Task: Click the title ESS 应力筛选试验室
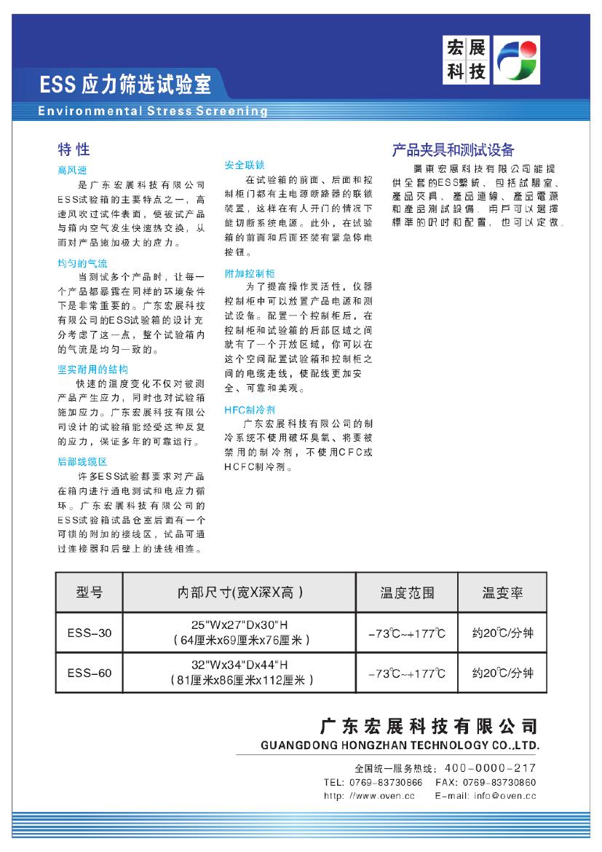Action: click(125, 86)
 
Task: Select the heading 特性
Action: click(74, 149)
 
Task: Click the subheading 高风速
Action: click(71, 171)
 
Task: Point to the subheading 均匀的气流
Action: click(82, 263)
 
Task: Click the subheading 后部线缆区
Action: click(82, 461)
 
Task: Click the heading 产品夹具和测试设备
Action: click(453, 150)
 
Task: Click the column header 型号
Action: click(90, 593)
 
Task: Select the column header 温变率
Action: click(502, 593)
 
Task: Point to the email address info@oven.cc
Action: click(504, 796)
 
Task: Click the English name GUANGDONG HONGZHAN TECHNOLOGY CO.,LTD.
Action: click(400, 746)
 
